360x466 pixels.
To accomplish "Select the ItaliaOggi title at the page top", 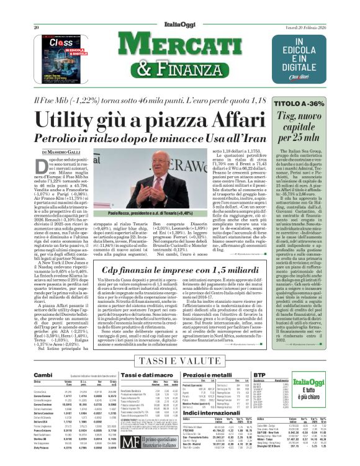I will click(177, 10).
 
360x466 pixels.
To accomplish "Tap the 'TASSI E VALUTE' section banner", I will click(179, 361).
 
